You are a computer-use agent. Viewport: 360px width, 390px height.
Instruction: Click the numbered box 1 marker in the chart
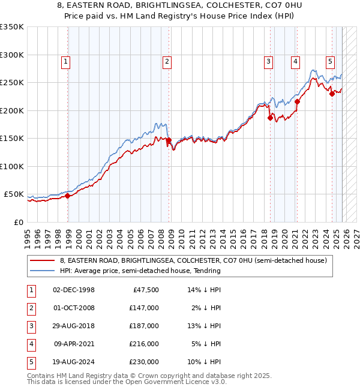point(65,61)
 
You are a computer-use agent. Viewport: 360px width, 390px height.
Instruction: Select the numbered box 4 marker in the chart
point(296,61)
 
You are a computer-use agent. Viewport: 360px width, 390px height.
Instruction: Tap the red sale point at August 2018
point(270,118)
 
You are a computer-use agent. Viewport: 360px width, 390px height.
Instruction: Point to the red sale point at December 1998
point(68,196)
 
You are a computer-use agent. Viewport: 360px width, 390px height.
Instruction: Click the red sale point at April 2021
point(297,102)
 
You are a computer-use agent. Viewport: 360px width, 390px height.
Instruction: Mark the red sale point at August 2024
point(332,94)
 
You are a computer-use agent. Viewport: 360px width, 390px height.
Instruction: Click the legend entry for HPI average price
point(140,271)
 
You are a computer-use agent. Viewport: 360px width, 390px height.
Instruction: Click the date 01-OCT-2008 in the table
point(74,308)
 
